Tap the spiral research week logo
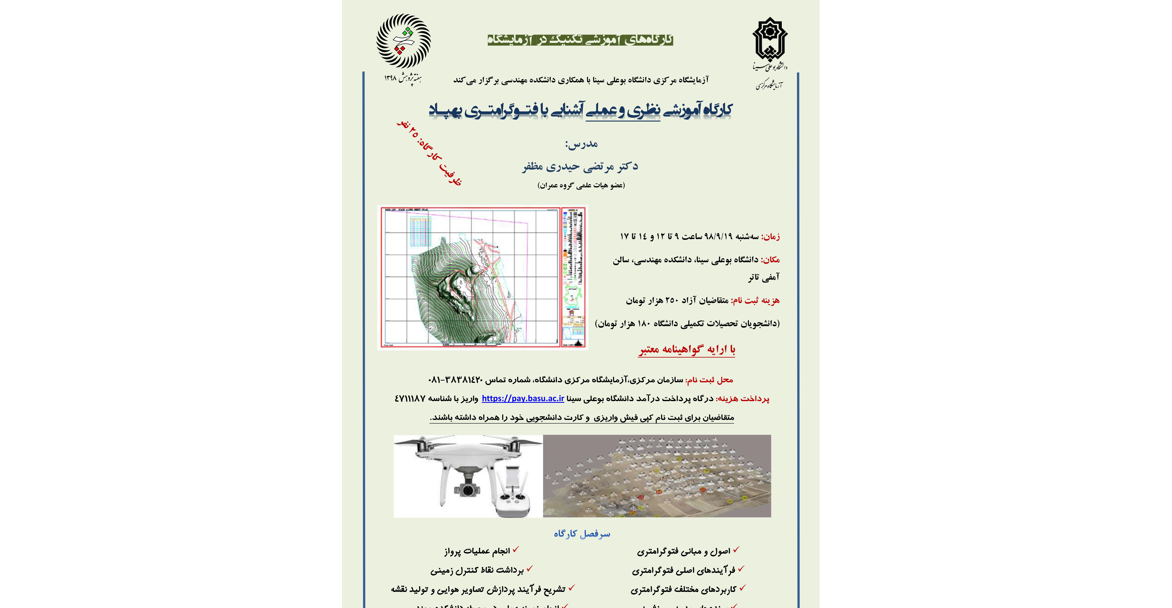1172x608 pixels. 404,41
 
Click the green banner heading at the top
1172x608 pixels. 580,40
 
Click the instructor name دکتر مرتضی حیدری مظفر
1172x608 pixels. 580,167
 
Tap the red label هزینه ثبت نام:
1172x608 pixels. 755,300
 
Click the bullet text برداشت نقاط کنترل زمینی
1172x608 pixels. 477,570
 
